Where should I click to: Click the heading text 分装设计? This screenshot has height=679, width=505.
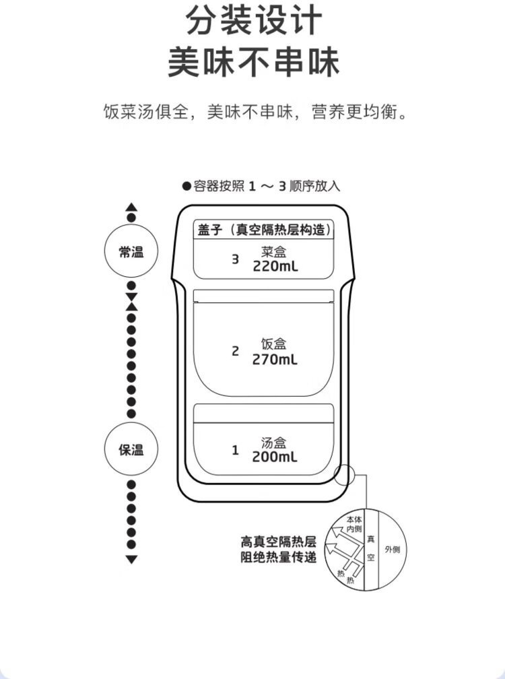[x=254, y=22]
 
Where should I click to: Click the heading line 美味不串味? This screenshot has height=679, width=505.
[x=254, y=62]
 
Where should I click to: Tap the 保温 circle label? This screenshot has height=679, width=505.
[x=131, y=450]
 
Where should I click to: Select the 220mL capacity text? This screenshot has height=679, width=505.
[x=275, y=265]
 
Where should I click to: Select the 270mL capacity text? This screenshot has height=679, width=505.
[x=275, y=360]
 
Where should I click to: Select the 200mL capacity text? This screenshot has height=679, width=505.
[x=275, y=457]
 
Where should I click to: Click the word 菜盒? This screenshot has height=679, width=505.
[x=274, y=252]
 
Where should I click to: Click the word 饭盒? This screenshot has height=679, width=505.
[x=274, y=344]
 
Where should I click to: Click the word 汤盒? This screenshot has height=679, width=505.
[x=274, y=443]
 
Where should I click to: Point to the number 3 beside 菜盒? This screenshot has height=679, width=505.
[x=235, y=259]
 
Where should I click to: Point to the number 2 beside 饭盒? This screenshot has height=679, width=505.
[x=235, y=351]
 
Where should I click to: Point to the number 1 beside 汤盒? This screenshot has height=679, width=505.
[x=235, y=450]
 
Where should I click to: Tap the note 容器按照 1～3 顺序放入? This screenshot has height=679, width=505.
[x=261, y=186]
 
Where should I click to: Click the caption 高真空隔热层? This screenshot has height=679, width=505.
[x=278, y=541]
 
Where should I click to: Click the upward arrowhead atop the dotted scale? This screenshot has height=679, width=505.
[x=131, y=207]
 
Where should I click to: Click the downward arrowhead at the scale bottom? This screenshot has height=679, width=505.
[x=131, y=560]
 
